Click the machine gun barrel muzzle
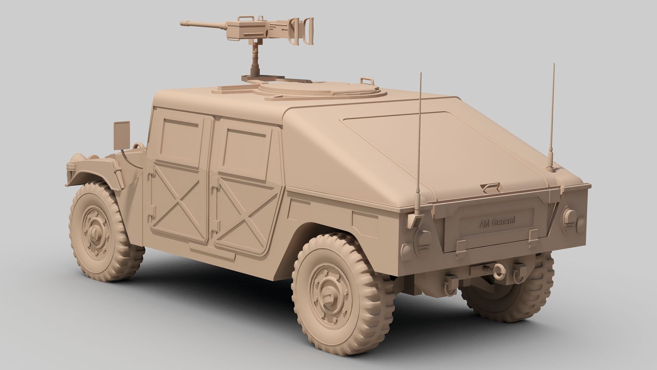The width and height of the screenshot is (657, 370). pos(183,24)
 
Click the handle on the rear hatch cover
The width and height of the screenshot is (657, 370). pos(490,187)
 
